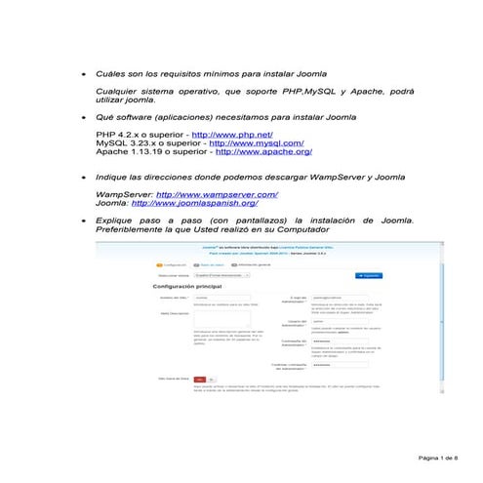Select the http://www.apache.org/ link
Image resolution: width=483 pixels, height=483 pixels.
point(263,152)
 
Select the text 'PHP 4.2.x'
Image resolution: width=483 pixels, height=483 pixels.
point(115,133)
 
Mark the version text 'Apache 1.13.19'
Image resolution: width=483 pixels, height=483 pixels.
point(127,152)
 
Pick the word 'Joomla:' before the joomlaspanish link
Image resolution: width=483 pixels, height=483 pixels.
point(111,204)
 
